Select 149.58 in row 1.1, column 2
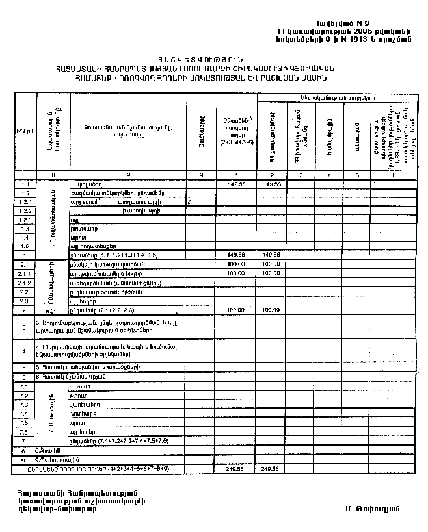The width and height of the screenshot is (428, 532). tap(272, 184)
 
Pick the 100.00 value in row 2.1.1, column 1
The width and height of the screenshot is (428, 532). tap(235, 273)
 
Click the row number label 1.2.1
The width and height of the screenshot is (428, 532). tap(25, 203)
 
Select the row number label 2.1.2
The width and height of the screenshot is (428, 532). tap(25, 283)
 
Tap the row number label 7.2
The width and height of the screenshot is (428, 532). tap(24, 396)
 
